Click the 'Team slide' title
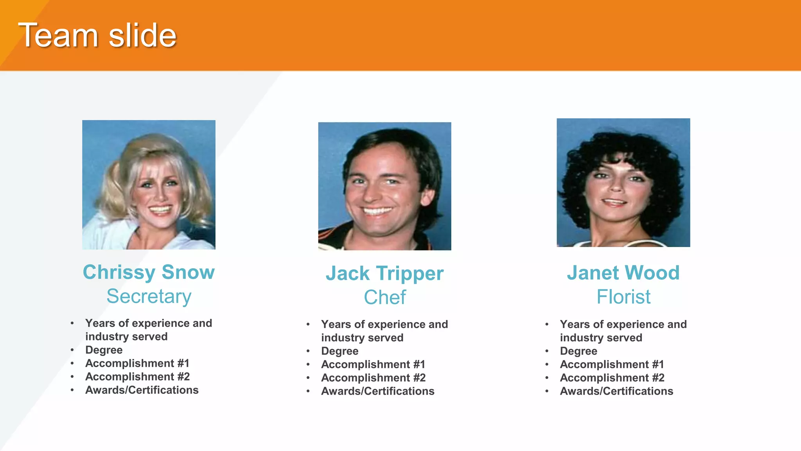click(x=97, y=36)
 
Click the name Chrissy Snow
click(x=149, y=272)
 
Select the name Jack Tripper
click(x=384, y=273)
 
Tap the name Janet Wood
click(x=623, y=273)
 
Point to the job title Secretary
click(x=149, y=296)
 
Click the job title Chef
click(x=384, y=298)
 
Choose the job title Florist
click(x=623, y=297)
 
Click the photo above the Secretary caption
click(x=149, y=185)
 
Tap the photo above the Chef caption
click(x=384, y=186)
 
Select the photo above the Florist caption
click(x=623, y=183)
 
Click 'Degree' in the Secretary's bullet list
click(x=104, y=350)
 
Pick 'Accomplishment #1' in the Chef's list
click(x=373, y=364)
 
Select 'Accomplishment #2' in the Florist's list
click(x=612, y=378)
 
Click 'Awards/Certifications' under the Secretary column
click(x=142, y=390)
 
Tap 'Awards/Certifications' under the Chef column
click(x=377, y=391)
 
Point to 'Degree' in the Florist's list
click(x=578, y=351)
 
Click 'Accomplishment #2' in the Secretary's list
click(x=137, y=377)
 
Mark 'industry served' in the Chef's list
click(x=362, y=338)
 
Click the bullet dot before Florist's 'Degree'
click(x=547, y=351)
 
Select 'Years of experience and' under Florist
click(x=623, y=325)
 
